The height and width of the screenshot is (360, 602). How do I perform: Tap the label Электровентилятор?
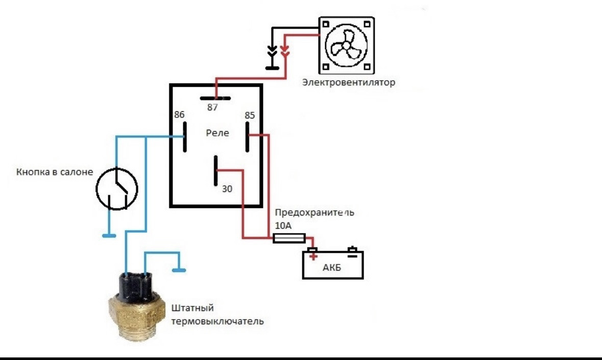pyautogui.click(x=349, y=82)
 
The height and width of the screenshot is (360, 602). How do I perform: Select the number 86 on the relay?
pyautogui.click(x=179, y=115)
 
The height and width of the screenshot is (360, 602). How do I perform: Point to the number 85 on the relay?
pyautogui.click(x=250, y=115)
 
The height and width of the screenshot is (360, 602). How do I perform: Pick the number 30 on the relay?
pyautogui.click(x=227, y=189)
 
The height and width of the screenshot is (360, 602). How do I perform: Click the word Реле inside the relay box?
pyautogui.click(x=217, y=133)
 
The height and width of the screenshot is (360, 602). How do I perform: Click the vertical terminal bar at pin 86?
pyautogui.click(x=184, y=136)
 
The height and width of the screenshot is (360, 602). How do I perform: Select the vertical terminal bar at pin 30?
pyautogui.click(x=216, y=171)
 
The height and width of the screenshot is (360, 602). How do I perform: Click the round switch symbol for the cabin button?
pyautogui.click(x=117, y=189)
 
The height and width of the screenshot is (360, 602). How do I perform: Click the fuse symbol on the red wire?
pyautogui.click(x=290, y=238)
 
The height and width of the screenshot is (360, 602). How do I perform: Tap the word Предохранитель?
pyautogui.click(x=314, y=212)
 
